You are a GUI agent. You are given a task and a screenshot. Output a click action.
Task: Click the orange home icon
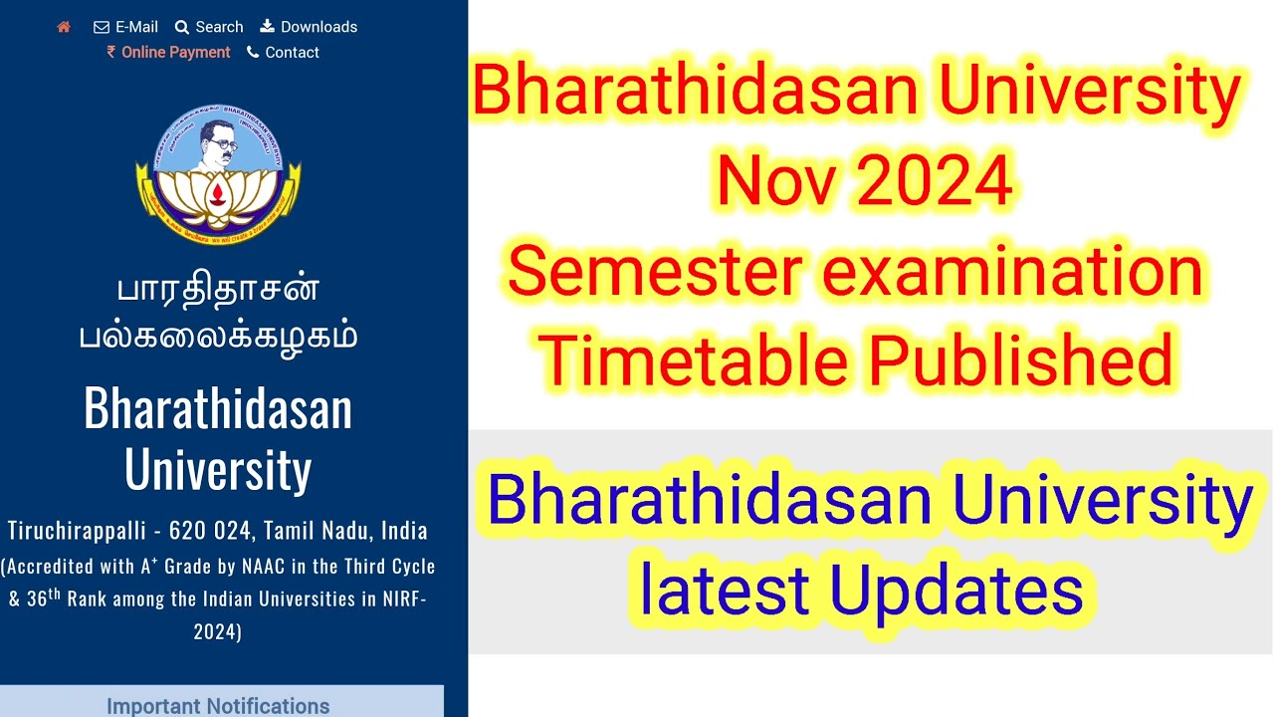64,27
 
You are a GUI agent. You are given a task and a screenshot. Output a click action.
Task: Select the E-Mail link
126,27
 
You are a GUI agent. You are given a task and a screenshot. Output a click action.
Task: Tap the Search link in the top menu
209,27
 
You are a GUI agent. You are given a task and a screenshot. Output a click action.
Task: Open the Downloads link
309,27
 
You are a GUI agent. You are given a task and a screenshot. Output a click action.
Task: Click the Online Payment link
168,53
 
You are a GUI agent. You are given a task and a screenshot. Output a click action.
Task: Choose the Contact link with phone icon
283,53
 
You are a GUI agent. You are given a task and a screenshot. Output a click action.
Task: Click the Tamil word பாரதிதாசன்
218,290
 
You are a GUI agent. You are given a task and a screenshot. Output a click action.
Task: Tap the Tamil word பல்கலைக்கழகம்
218,336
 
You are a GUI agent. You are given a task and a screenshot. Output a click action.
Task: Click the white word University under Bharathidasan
218,469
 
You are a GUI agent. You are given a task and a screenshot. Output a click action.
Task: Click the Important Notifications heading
218,705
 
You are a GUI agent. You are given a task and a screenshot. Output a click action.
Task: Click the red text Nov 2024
864,181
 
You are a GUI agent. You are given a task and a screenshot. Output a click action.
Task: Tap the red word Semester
654,272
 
